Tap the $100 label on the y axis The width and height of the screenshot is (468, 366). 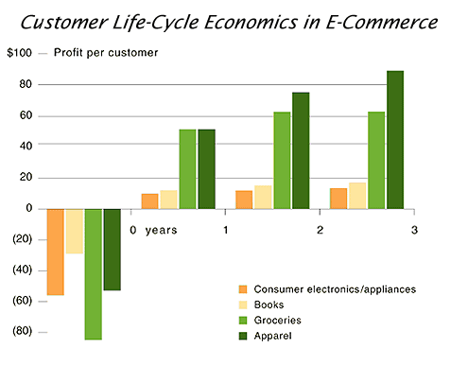(x=20, y=54)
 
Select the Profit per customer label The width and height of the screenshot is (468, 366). (x=105, y=54)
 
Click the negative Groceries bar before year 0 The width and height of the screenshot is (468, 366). (x=93, y=273)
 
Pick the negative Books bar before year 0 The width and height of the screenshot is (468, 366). (x=74, y=231)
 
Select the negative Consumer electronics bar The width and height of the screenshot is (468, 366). (x=55, y=252)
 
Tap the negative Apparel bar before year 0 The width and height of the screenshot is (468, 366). (x=112, y=249)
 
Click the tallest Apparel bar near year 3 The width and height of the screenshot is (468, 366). (x=394, y=140)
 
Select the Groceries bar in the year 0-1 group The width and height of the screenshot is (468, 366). (x=187, y=168)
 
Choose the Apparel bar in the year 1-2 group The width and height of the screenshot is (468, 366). (x=301, y=150)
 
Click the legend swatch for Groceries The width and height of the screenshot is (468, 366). (x=243, y=321)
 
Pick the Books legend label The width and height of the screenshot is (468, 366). (x=272, y=305)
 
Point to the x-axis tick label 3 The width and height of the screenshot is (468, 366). (x=414, y=230)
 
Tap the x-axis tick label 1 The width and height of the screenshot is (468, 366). (x=225, y=230)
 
